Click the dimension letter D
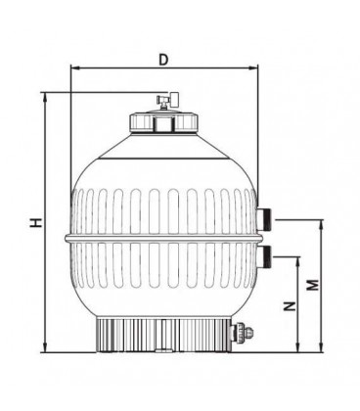point(163,60)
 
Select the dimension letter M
point(313,285)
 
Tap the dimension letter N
point(290,306)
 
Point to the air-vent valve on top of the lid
point(168,102)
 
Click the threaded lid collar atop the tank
point(163,121)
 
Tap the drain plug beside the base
point(242,333)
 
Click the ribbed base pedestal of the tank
point(163,335)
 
